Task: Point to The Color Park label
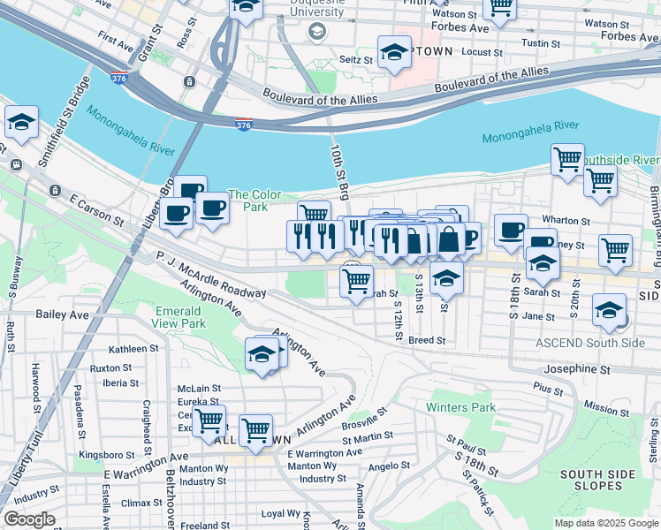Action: tap(255, 201)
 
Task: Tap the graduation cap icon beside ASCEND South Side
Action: tap(609, 310)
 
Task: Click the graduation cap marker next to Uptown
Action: tap(393, 53)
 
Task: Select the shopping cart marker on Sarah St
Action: tap(356, 282)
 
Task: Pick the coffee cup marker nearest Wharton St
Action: tap(510, 231)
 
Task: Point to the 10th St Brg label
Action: tap(339, 168)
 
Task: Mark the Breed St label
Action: tap(426, 339)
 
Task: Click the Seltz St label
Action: tap(358, 60)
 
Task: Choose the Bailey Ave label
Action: tap(62, 314)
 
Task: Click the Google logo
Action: tap(28, 519)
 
